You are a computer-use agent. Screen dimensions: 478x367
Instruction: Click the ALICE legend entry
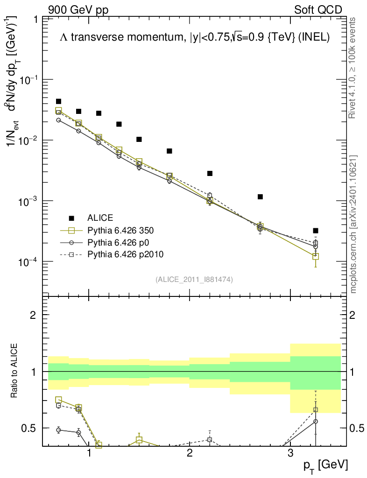point(100,218)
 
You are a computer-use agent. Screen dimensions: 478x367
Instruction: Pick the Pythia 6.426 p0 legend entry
point(115,242)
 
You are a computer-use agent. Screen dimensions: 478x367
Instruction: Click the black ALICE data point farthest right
point(316,231)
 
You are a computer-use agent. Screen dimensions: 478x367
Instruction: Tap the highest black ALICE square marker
point(59,101)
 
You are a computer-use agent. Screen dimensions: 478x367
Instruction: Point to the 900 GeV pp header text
point(78,10)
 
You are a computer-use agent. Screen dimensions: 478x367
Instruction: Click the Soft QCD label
point(318,10)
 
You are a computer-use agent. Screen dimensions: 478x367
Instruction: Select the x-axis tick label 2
point(190,453)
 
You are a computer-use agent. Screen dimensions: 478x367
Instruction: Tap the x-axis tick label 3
point(290,453)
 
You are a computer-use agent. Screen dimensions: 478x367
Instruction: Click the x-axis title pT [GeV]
point(325,464)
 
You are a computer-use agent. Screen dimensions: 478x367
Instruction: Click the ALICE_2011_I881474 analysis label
point(194,279)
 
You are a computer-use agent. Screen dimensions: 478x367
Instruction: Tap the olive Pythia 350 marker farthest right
point(316,256)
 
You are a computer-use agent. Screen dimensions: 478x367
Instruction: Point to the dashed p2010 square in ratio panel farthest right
point(316,410)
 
